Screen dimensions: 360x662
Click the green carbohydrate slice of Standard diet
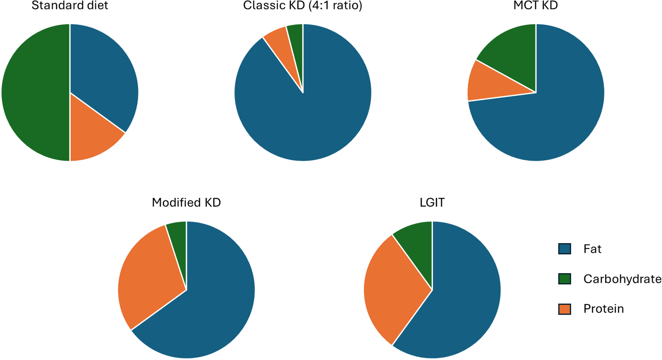pos(35,92)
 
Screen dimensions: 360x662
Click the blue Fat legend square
pos(564,249)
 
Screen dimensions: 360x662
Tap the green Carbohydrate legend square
pos(564,279)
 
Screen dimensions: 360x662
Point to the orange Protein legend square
pos(564,309)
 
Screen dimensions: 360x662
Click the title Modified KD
pos(186,203)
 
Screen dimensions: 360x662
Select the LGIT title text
pos(432,203)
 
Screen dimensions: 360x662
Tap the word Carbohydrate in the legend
pos(622,279)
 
